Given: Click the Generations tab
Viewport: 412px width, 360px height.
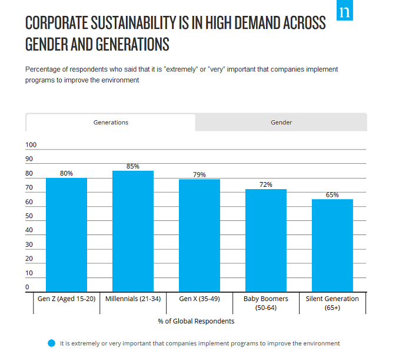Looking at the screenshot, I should [x=111, y=123].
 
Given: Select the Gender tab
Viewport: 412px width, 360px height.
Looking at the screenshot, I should [x=281, y=123].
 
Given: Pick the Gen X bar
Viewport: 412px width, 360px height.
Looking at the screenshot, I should [x=200, y=236].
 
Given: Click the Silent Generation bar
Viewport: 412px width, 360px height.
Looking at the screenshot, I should [x=333, y=246].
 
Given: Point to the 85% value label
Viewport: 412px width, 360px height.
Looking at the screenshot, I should [x=133, y=166].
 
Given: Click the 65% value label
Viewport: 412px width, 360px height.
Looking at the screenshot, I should [x=333, y=195].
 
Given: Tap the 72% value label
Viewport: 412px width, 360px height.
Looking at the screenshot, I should [x=266, y=184].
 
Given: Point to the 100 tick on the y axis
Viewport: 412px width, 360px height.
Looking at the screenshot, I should [x=31, y=145].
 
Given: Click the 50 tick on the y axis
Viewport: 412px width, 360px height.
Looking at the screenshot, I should [x=29, y=216].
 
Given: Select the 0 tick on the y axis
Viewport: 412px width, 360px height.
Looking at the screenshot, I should [x=28, y=288].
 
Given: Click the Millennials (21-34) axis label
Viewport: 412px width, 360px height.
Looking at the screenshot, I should [x=133, y=299].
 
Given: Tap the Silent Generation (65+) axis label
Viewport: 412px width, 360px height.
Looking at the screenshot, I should [x=333, y=303].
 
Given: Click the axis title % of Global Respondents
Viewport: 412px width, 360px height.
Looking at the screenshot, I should [x=196, y=321].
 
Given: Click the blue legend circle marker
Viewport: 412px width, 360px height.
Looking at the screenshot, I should [x=52, y=343].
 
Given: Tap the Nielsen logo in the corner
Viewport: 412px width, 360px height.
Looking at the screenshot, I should [x=344, y=11].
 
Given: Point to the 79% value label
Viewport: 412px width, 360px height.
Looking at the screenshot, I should [x=200, y=174].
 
